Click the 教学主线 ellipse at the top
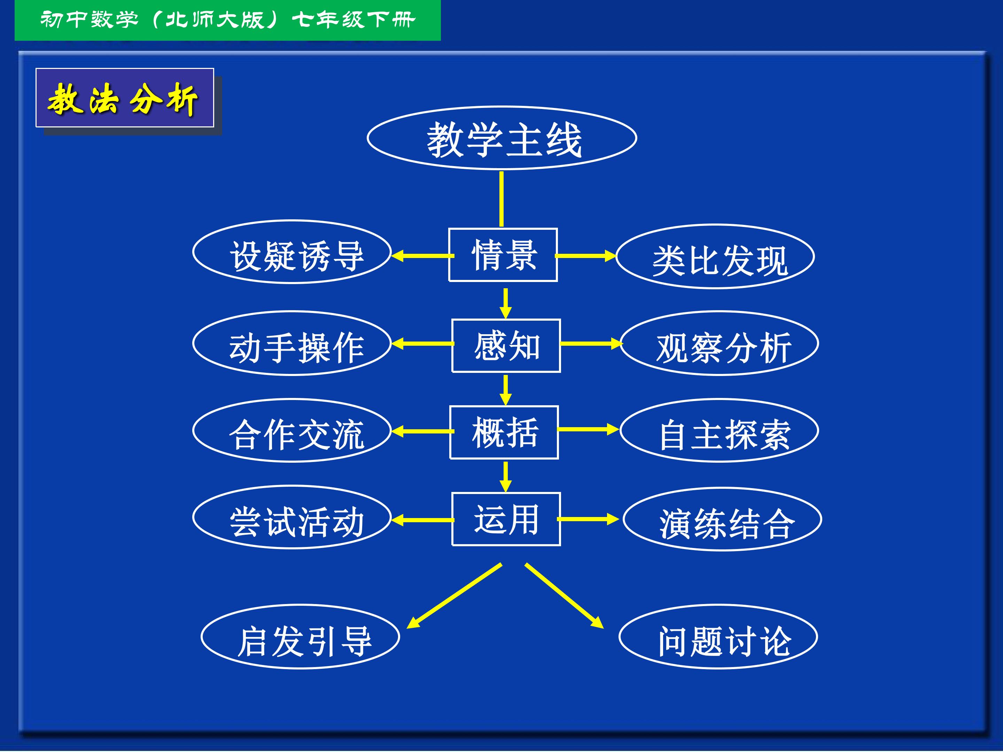(x=501, y=138)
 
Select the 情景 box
(x=503, y=255)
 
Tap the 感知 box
(x=506, y=345)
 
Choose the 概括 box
(x=504, y=432)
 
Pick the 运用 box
(x=506, y=519)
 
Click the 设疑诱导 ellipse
(x=292, y=252)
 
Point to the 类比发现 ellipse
(x=715, y=256)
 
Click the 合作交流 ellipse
(x=292, y=430)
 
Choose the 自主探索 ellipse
(x=719, y=430)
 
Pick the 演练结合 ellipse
(x=722, y=519)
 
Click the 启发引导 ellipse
(x=300, y=636)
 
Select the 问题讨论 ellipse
(x=718, y=636)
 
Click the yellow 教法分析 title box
(x=125, y=98)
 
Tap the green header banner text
(x=228, y=20)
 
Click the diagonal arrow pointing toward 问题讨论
(x=565, y=596)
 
